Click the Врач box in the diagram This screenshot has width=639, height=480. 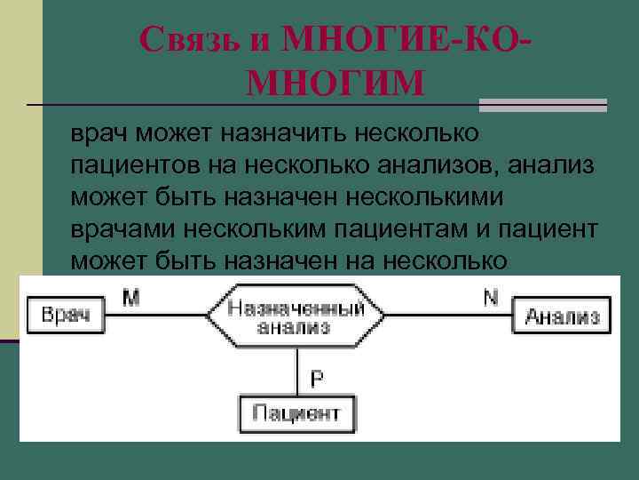pyautogui.click(x=66, y=316)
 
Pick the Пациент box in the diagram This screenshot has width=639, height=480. pyautogui.click(x=296, y=412)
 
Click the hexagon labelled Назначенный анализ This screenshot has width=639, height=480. pyautogui.click(x=296, y=316)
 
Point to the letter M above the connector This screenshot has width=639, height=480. pyautogui.click(x=130, y=298)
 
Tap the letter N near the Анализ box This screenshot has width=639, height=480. pyautogui.click(x=490, y=298)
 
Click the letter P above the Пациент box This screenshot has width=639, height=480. pyautogui.click(x=316, y=378)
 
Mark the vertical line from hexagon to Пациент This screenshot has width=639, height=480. pyautogui.click(x=296, y=372)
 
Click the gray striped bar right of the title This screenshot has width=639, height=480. pyautogui.click(x=543, y=105)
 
